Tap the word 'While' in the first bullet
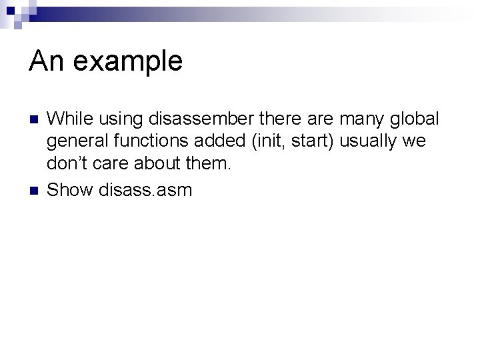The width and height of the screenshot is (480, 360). pos(70,119)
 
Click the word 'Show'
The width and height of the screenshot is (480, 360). pos(71,190)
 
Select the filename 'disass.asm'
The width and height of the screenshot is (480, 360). pos(145,190)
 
